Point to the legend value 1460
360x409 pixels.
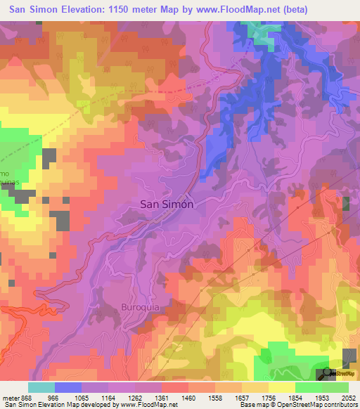188,397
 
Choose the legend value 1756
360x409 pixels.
269,397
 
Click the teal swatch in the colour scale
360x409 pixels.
41,387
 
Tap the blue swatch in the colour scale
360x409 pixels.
67,387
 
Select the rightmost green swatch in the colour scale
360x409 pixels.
335,387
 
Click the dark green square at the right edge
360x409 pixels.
346,204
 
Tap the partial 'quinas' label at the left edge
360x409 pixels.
6,180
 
